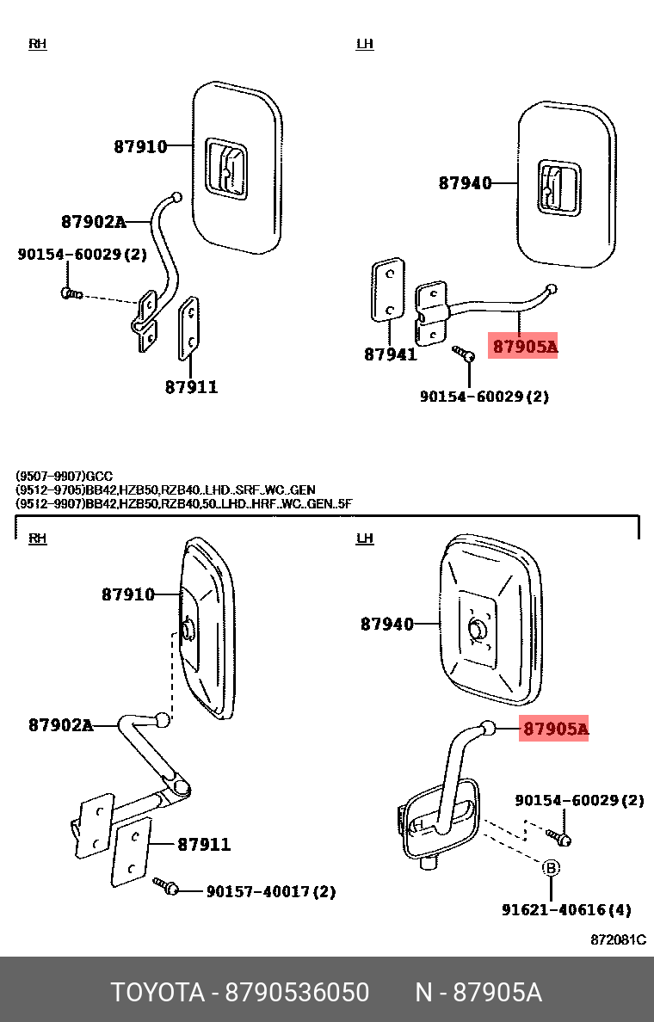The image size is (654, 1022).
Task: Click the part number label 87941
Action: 390,354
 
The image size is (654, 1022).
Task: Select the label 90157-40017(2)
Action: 271,891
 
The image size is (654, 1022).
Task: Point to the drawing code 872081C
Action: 618,939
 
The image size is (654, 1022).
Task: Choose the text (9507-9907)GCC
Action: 64,476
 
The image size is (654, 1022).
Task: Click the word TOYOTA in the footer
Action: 157,993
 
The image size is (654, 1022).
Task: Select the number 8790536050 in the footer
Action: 297,993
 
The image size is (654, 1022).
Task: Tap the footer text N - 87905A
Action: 478,993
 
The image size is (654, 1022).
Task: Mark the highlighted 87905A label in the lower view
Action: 556,730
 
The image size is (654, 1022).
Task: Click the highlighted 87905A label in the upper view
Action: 524,347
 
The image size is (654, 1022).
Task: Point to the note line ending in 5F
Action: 184,503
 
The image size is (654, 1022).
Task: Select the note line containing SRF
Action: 165,489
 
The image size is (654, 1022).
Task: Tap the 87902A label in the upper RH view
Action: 93,222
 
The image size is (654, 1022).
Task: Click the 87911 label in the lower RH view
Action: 204,845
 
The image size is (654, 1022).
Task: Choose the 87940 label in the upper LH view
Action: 465,182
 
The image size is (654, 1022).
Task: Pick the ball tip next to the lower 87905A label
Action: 488,729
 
